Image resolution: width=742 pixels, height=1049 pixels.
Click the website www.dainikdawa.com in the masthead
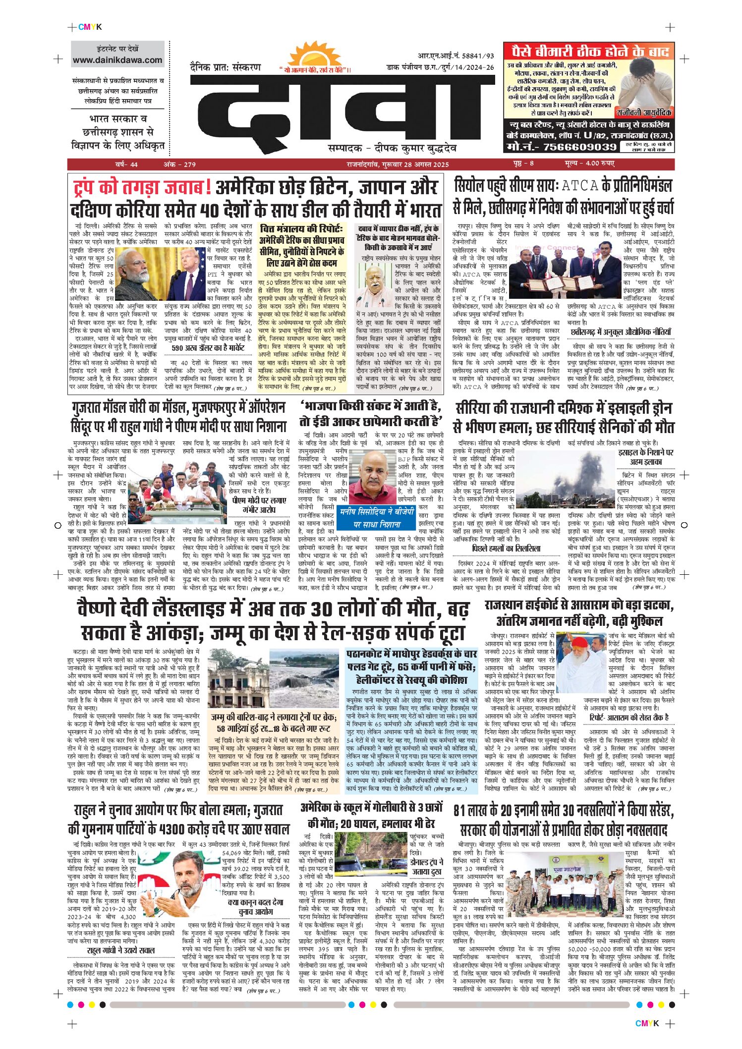[x=117, y=60]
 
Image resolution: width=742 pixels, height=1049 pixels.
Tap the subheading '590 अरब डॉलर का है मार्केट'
[x=208, y=348]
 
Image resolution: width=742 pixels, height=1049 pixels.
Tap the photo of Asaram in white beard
[x=582, y=663]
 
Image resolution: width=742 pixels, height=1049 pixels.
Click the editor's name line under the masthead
[x=392, y=148]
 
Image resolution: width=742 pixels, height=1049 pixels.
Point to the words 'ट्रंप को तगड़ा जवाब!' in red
[x=142, y=187]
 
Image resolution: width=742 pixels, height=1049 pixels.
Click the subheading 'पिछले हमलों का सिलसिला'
[x=506, y=549]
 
